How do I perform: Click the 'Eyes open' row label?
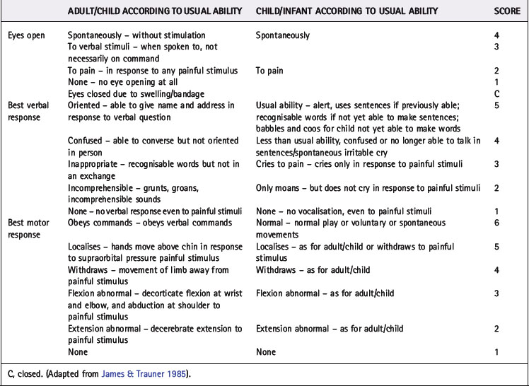[x=25, y=35]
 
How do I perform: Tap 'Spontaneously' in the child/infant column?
[x=283, y=35]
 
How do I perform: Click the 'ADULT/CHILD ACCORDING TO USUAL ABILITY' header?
[x=155, y=12]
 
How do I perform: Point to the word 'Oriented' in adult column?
[x=85, y=105]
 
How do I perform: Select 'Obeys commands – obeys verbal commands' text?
[x=149, y=223]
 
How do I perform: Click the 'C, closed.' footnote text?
[x=28, y=373]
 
